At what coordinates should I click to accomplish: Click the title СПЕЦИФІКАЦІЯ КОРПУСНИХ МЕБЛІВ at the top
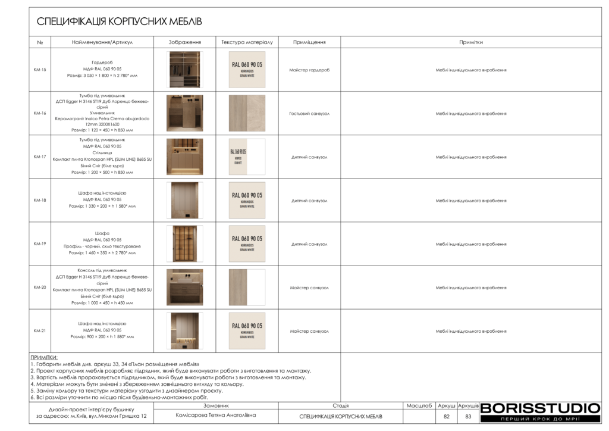[120, 22]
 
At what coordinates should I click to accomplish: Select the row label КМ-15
[40, 70]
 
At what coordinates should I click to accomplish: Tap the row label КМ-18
[40, 201]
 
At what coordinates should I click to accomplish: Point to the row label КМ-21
[40, 331]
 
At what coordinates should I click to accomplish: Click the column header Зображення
[184, 42]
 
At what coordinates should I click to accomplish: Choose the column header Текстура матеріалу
[247, 42]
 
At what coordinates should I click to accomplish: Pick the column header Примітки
[470, 42]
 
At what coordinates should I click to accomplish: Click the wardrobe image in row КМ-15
[184, 70]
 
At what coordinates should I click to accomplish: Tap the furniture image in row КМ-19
[184, 243]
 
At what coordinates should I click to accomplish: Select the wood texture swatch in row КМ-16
[247, 113]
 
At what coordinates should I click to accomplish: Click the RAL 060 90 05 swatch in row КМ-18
[247, 201]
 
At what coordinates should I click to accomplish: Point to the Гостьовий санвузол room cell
[309, 114]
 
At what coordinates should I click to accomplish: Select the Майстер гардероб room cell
[309, 70]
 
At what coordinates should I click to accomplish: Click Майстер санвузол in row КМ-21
[309, 332]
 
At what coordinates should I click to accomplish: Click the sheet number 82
[447, 417]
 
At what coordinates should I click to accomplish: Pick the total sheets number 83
[468, 417]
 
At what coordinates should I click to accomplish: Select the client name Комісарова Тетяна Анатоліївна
[216, 416]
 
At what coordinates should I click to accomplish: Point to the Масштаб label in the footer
[419, 406]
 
